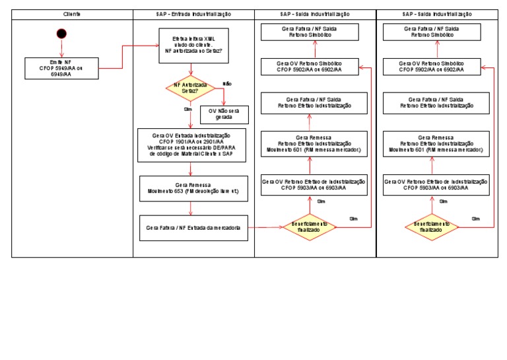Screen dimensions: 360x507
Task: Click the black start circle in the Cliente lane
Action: click(61, 34)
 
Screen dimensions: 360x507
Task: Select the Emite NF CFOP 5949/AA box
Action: click(61, 67)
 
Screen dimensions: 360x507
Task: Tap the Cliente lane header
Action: click(72, 14)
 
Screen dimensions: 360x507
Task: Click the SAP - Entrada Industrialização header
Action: click(193, 14)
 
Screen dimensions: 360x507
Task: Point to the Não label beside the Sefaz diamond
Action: click(227, 84)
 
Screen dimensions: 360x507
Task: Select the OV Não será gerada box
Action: click(224, 114)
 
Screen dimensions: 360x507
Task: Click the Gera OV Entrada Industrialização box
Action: click(191, 145)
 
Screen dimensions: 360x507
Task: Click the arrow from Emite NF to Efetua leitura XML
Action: click(123, 56)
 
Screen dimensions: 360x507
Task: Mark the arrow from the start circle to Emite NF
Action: click(61, 48)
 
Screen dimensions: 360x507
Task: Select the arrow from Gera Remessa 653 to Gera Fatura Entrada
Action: click(191, 208)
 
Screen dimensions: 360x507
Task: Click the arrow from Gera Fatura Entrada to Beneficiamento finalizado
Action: click(264, 227)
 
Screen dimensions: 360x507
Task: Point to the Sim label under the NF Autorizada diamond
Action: click(187, 110)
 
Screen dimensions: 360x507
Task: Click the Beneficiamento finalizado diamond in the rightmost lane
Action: click(432, 227)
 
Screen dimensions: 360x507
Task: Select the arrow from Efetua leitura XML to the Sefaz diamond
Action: click(191, 71)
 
